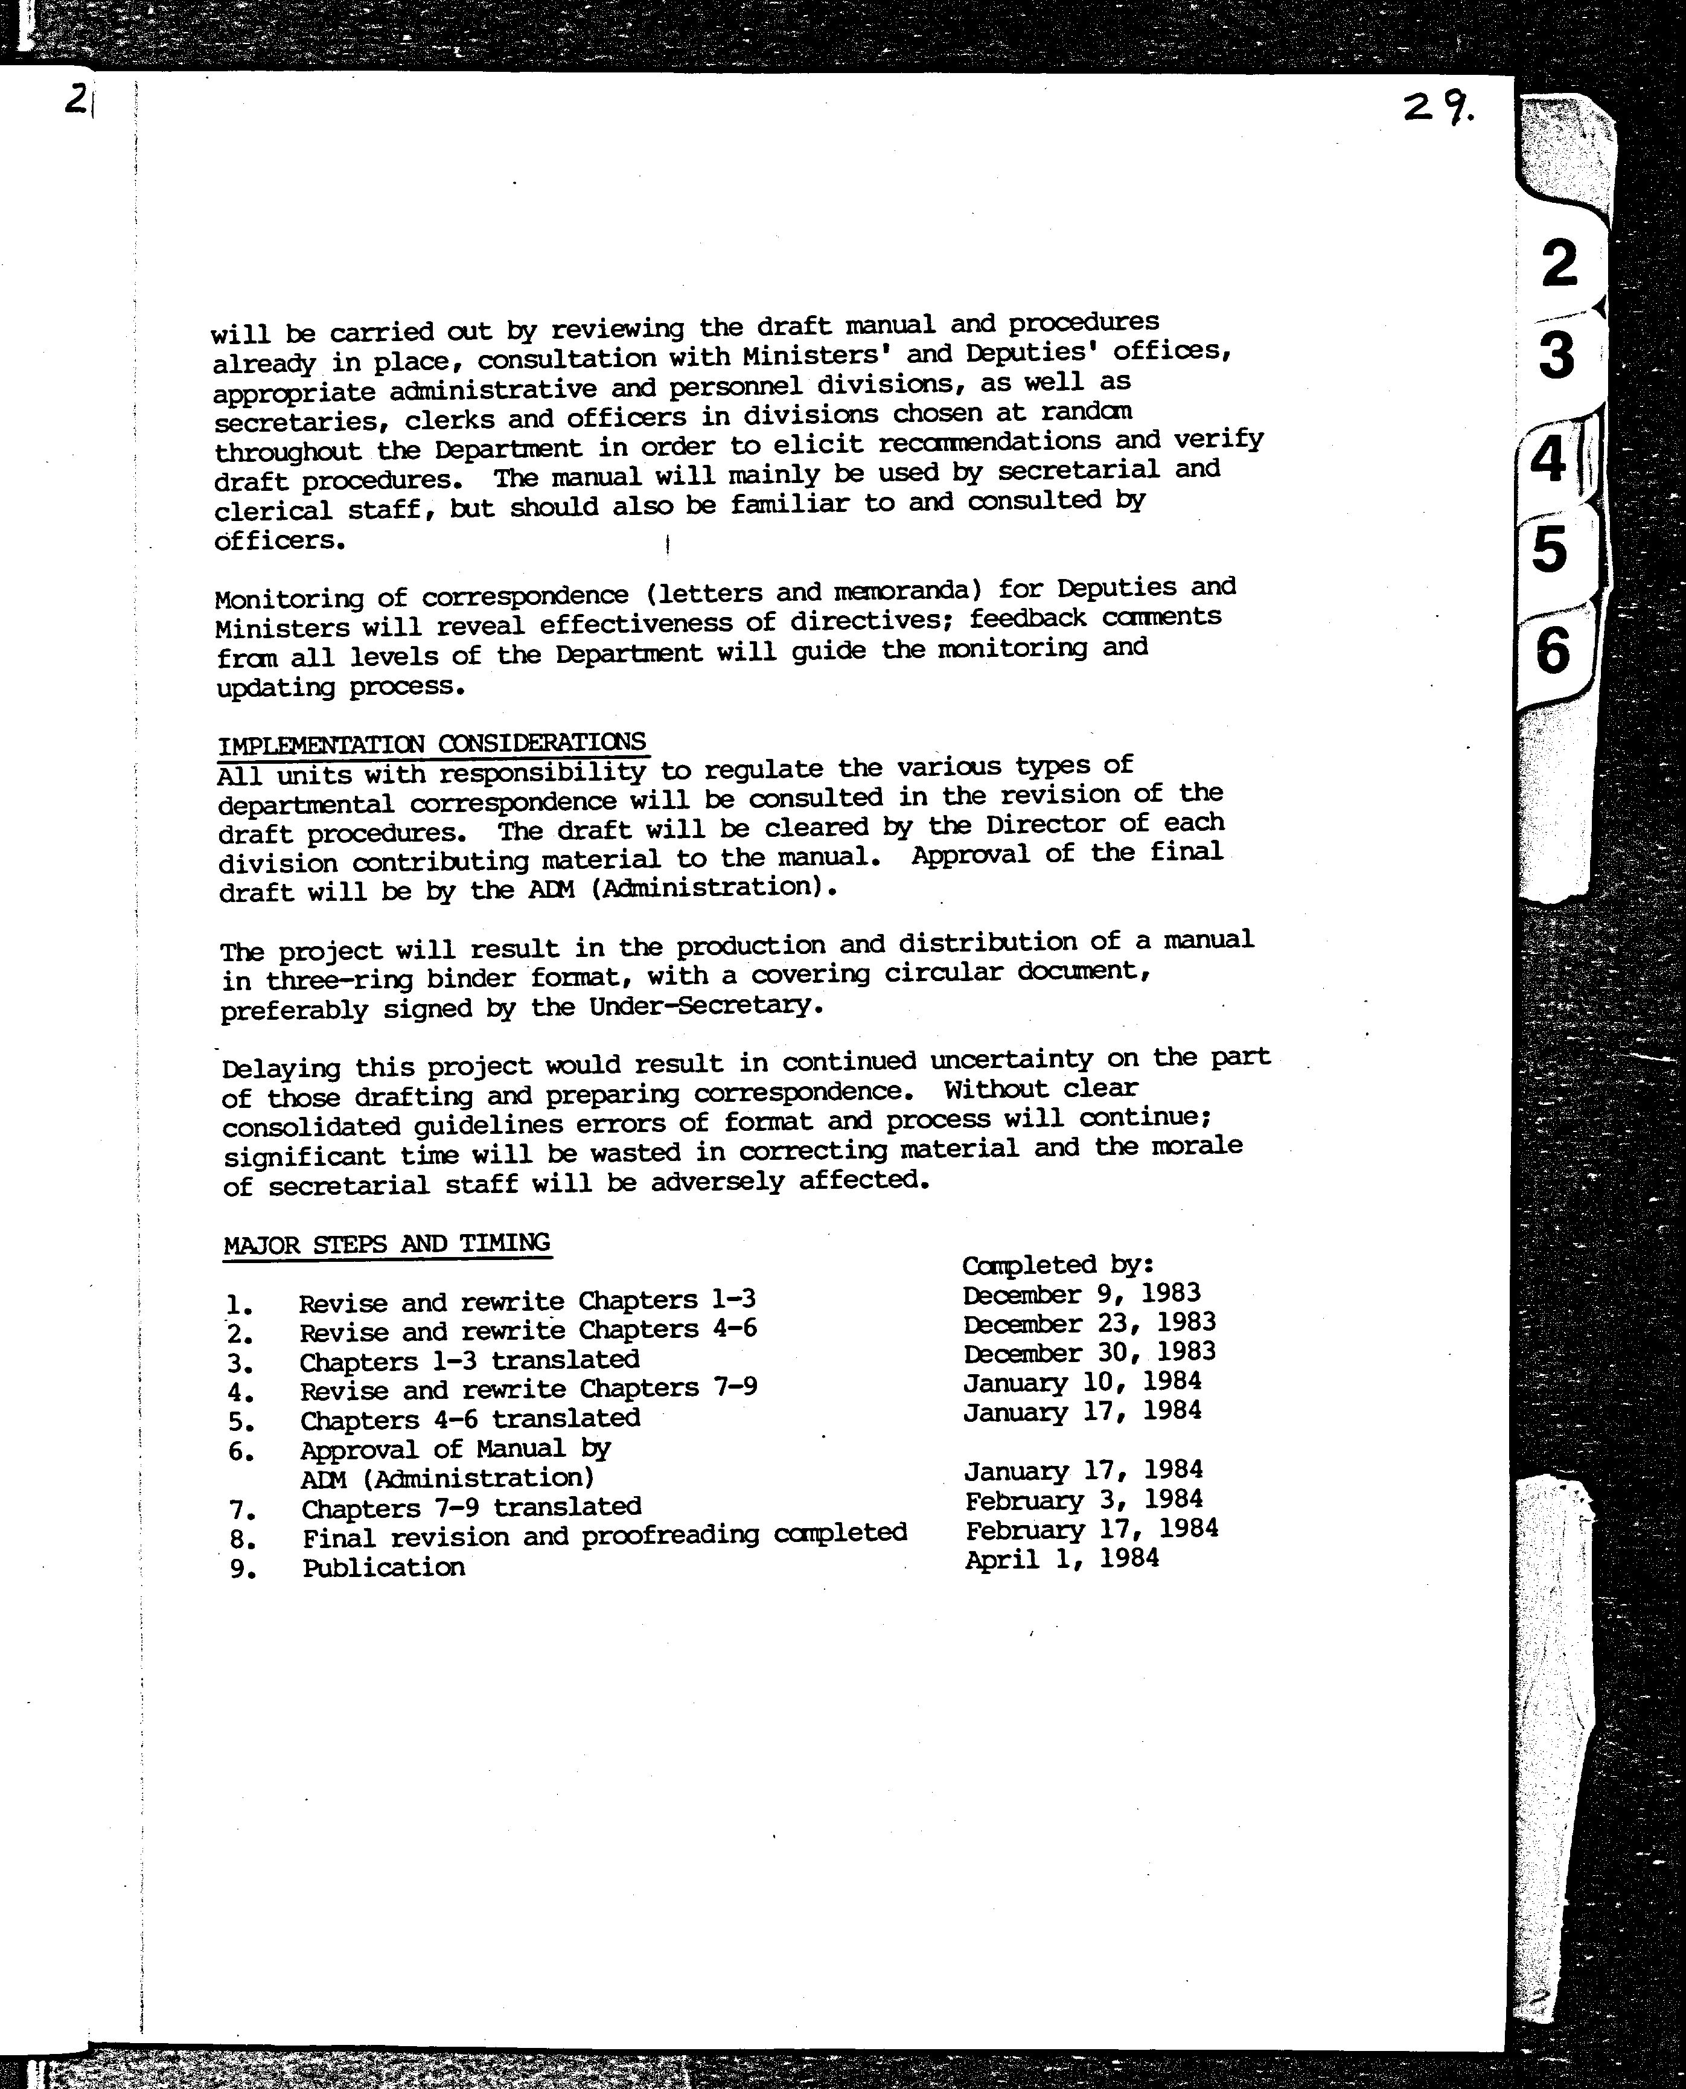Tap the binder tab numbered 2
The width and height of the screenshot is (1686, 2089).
click(1559, 263)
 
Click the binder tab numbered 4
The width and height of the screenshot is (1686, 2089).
click(1549, 459)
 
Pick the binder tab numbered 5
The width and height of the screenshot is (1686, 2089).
click(1550, 549)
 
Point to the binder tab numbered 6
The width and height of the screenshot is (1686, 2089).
click(1552, 650)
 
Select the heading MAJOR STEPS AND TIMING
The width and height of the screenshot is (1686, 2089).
click(386, 1244)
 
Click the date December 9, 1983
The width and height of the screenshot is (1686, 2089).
click(1082, 1294)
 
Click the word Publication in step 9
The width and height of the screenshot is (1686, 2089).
click(384, 1567)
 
